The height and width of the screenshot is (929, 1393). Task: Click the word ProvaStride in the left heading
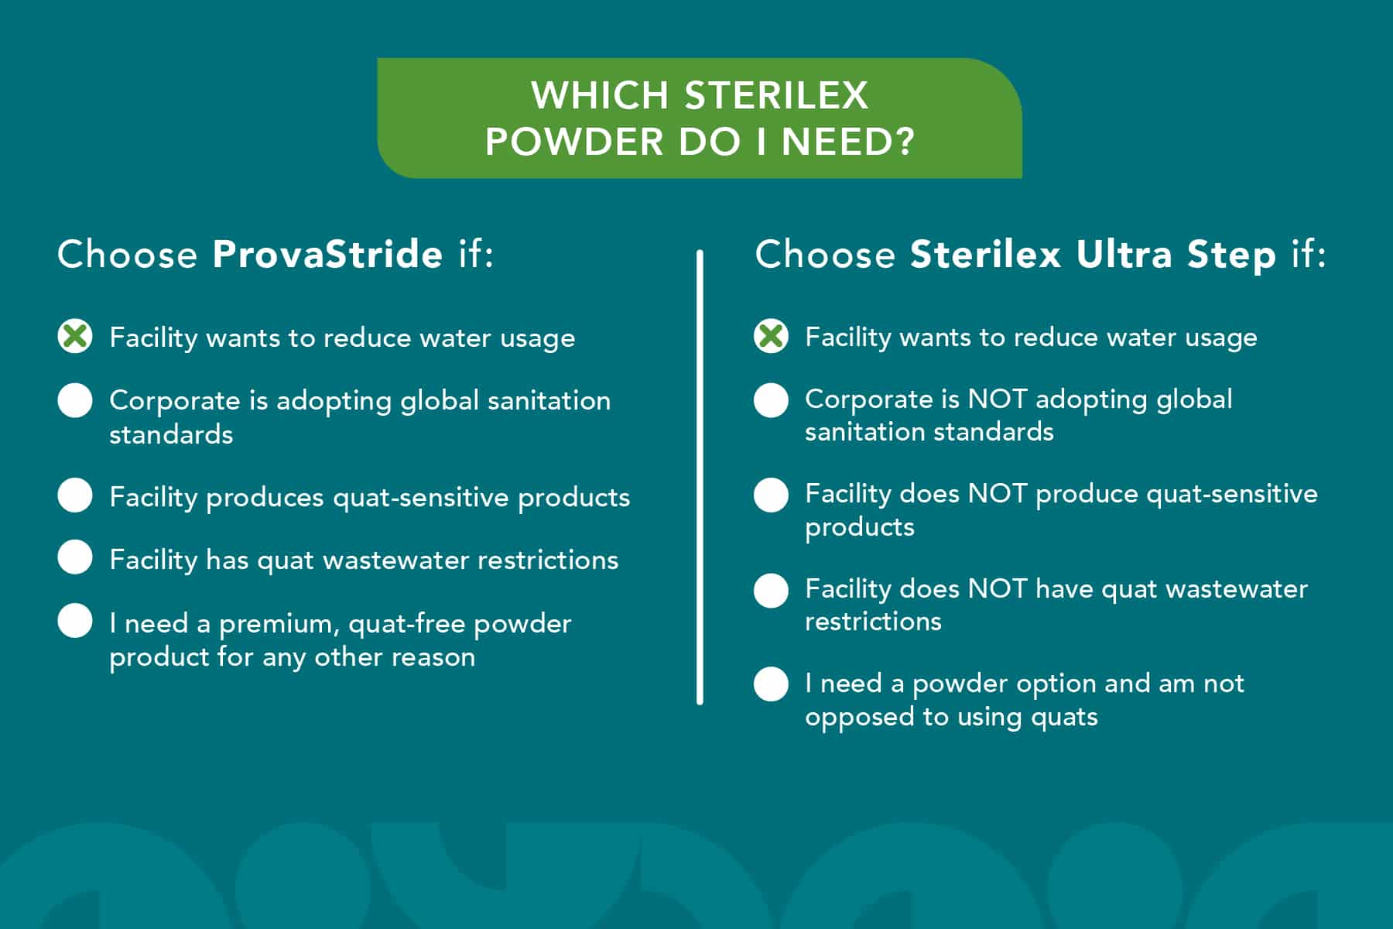[327, 254]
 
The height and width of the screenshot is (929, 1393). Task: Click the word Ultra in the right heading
[1124, 254]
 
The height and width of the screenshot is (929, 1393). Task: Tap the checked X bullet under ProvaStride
[75, 336]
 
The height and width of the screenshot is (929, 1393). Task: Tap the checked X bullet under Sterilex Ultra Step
[771, 336]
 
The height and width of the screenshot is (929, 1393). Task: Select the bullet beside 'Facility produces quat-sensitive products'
[75, 495]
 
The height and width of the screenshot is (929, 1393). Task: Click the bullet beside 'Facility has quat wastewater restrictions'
[75, 557]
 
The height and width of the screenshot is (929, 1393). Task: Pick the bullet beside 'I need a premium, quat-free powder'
[75, 621]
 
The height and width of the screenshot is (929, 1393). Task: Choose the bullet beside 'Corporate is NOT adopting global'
[771, 400]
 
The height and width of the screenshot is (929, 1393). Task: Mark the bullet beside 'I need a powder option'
[771, 684]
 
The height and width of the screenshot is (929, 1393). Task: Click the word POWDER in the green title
[574, 142]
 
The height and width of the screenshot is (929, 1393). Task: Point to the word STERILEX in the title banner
[776, 95]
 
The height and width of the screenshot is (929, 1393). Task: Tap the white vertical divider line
[700, 477]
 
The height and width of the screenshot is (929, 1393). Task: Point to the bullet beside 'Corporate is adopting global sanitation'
[75, 400]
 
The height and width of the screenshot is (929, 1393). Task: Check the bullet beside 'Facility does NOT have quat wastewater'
[771, 590]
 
